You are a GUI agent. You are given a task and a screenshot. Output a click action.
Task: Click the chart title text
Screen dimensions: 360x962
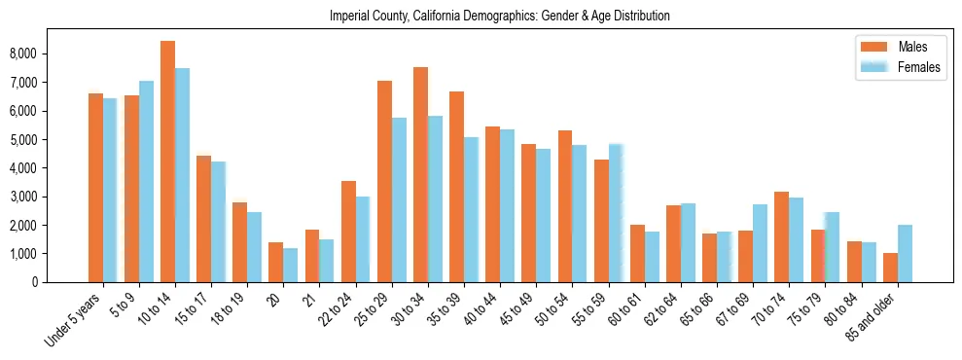(499, 17)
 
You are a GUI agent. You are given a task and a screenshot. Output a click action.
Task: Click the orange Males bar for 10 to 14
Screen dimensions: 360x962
(167, 162)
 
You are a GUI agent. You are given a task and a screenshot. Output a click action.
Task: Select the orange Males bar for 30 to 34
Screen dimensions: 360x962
(420, 175)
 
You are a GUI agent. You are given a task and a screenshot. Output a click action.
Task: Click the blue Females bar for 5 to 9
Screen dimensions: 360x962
(146, 182)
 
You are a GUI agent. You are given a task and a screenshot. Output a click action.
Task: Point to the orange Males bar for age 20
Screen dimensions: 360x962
(275, 262)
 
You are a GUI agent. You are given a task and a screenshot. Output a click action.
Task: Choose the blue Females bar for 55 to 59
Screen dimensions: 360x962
(616, 213)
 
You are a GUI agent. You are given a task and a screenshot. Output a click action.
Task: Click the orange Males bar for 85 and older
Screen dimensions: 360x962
(890, 268)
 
